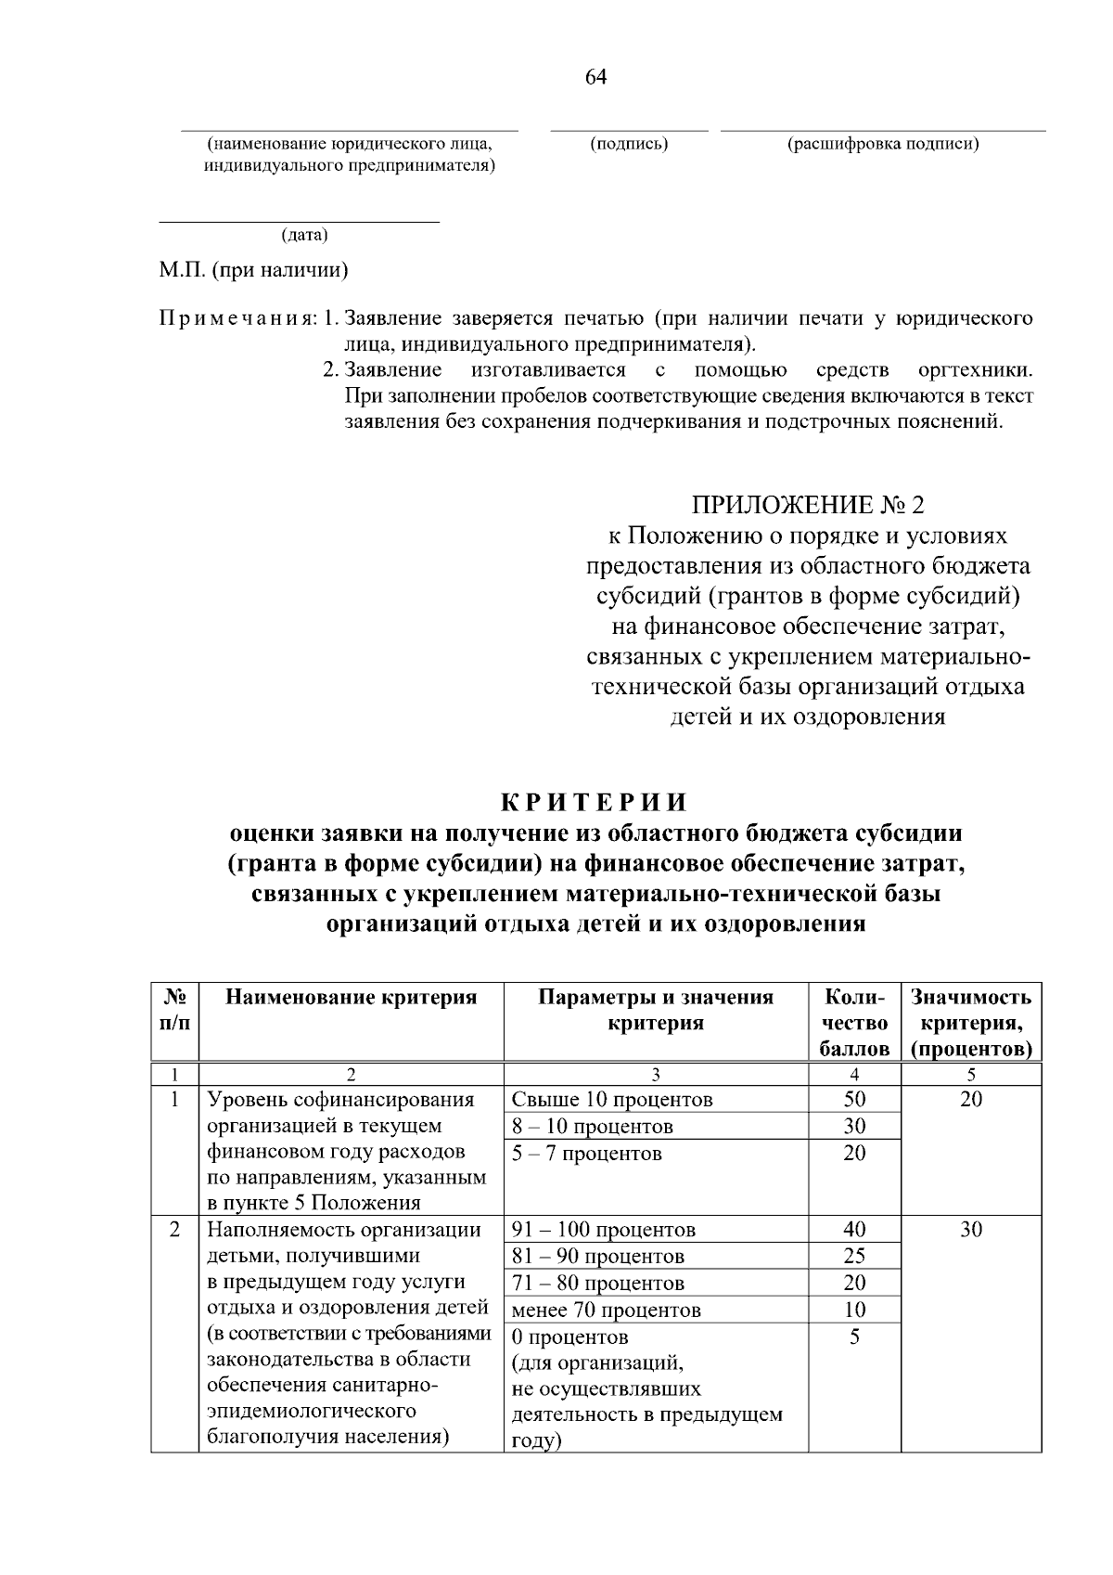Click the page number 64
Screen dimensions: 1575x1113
(595, 77)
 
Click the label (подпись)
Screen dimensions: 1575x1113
(629, 144)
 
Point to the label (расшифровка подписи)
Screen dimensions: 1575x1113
(883, 144)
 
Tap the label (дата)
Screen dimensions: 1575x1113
(304, 236)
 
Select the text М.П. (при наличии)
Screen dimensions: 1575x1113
(253, 271)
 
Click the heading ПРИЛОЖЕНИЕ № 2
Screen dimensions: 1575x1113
(807, 505)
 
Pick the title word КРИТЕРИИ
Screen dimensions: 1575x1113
(595, 802)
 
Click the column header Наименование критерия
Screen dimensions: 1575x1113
(351, 998)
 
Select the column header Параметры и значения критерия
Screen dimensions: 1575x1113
(656, 1010)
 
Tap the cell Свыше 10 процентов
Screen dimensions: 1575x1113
(612, 1100)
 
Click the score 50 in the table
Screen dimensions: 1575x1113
(854, 1100)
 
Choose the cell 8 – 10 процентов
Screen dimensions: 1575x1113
(593, 1127)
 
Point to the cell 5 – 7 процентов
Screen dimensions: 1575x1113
(587, 1154)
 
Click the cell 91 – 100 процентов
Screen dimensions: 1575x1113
(604, 1230)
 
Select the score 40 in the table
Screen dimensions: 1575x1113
(854, 1230)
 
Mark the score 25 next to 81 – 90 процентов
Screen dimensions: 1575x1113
(854, 1257)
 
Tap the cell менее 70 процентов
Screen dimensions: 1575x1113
(607, 1310)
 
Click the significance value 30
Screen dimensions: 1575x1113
(970, 1230)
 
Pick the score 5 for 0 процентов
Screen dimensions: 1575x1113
(854, 1337)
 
